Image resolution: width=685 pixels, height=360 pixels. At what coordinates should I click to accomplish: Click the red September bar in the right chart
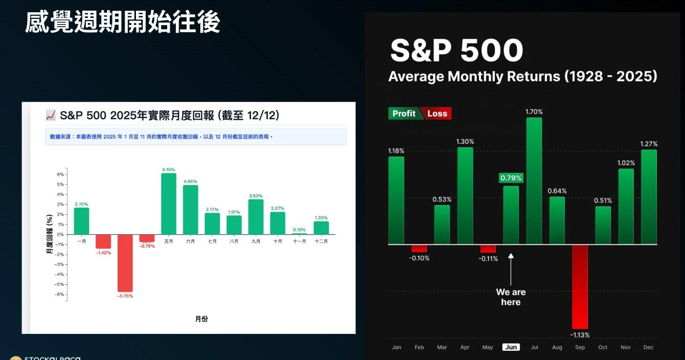tap(580, 286)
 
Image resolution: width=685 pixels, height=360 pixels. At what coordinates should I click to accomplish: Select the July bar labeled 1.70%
tap(534, 181)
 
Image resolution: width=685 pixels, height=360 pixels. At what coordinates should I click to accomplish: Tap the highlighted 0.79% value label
tap(511, 178)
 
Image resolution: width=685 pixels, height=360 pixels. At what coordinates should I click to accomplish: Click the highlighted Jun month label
tap(511, 347)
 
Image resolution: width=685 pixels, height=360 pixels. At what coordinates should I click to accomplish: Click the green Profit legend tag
tap(404, 114)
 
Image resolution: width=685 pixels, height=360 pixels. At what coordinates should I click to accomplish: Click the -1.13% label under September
tap(580, 335)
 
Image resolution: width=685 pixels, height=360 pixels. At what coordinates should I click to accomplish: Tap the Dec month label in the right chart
tap(649, 347)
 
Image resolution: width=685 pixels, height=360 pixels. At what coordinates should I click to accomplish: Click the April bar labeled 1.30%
tap(465, 196)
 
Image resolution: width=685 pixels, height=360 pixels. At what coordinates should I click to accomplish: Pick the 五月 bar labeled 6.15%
tap(169, 204)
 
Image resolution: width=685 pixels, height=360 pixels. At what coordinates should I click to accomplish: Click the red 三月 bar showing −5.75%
tap(125, 263)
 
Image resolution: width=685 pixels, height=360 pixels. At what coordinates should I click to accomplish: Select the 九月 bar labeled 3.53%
tap(256, 217)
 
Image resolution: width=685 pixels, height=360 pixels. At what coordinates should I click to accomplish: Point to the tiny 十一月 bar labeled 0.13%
tap(300, 234)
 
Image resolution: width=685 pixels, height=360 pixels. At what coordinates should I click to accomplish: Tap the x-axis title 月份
tap(201, 319)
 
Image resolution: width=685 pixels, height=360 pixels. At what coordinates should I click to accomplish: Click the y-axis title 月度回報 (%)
tap(50, 234)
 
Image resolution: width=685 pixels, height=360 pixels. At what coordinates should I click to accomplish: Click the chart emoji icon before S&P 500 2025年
tap(51, 116)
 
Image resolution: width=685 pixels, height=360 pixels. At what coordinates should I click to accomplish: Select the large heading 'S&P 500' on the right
tap(456, 50)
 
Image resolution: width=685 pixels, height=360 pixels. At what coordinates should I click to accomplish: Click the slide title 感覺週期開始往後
tap(123, 22)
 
